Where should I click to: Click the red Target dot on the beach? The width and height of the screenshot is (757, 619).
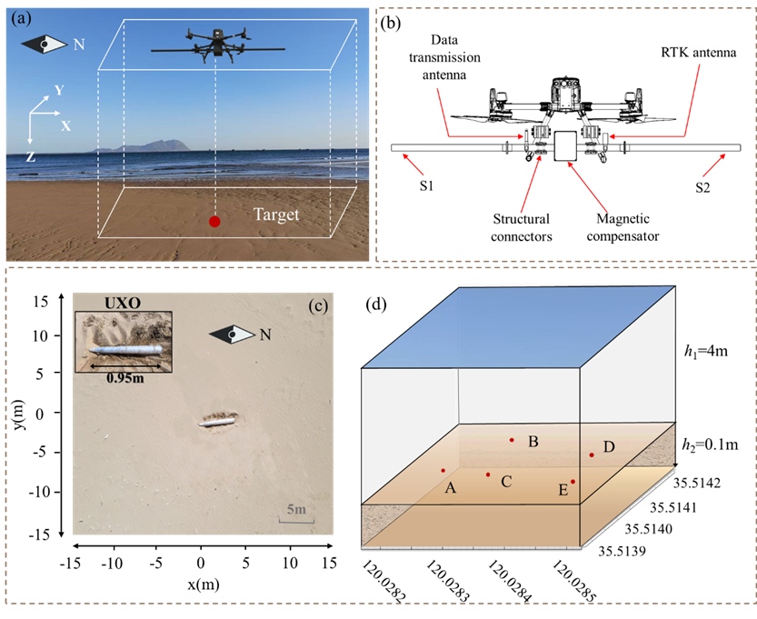point(214,222)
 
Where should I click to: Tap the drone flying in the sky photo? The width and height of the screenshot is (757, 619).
point(218,45)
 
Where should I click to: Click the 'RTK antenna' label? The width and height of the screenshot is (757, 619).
point(698,52)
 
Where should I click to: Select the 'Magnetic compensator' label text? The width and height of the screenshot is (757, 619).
point(623,227)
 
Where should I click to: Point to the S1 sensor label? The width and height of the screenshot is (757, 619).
point(426,186)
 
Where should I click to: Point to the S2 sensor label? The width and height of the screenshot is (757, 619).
point(702,187)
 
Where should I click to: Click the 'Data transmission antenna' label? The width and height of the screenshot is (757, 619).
point(444,57)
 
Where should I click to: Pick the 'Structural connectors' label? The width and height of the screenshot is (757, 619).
point(522,228)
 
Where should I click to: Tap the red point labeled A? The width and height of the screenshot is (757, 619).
point(443,470)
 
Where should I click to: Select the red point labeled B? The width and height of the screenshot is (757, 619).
point(512,440)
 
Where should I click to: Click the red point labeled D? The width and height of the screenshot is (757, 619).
point(592,454)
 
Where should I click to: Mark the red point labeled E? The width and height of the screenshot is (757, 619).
point(573,482)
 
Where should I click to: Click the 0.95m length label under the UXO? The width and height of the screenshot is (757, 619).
point(125,378)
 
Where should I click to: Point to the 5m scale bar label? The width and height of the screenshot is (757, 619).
point(296,509)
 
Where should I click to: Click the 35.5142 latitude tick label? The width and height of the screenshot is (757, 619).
point(697,483)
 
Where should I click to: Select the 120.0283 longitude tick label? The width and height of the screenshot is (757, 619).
point(447,582)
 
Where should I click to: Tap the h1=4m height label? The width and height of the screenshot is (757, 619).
point(706,352)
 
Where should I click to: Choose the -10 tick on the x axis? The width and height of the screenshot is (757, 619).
point(112,563)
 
